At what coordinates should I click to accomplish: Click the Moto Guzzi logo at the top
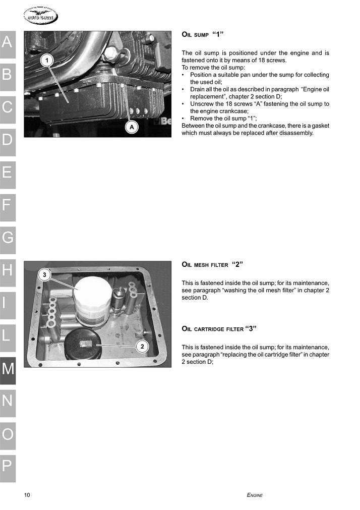[40, 17]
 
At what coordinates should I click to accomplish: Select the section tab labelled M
[8, 369]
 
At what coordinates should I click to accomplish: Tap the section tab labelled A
[8, 42]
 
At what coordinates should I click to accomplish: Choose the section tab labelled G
[8, 238]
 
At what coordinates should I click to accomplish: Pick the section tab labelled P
[8, 466]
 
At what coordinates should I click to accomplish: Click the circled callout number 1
[47, 61]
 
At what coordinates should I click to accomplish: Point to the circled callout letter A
[132, 127]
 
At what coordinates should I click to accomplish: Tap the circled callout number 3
[44, 275]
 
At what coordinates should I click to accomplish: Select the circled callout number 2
[143, 347]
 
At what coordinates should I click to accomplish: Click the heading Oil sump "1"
[202, 35]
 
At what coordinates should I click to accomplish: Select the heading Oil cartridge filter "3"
[219, 329]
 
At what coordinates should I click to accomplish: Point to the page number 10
[27, 495]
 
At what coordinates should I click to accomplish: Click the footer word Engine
[255, 495]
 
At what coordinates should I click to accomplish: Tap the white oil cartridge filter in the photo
[92, 300]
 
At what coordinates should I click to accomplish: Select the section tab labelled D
[8, 140]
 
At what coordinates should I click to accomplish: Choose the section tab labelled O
[8, 433]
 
